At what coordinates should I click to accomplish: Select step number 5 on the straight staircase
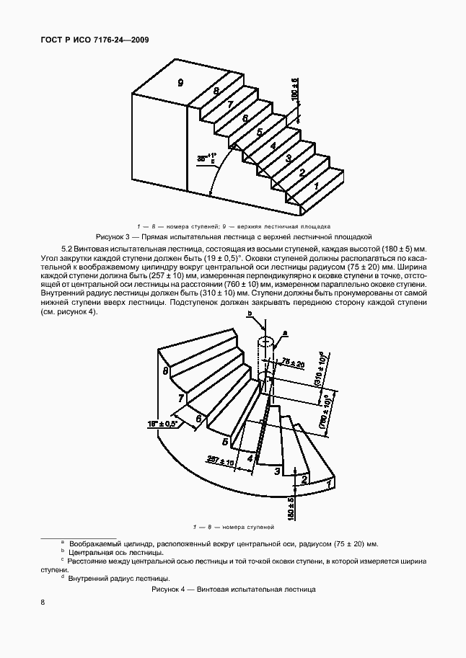(259, 132)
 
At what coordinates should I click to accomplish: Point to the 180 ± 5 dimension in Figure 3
(294, 90)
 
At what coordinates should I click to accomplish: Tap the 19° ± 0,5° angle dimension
(164, 423)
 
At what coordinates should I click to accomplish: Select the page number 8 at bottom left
(43, 603)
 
